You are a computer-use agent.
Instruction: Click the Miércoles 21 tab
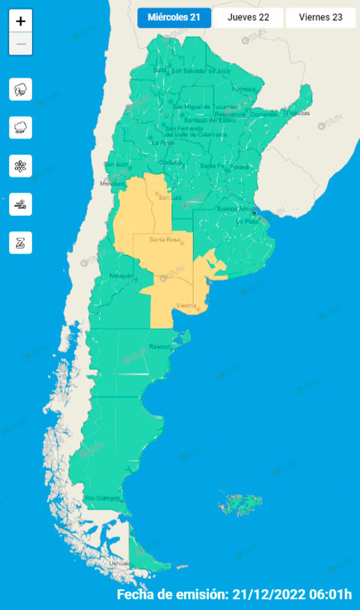pos(174,17)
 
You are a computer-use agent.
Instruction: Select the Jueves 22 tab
pos(248,17)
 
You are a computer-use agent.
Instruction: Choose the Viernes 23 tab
pos(320,17)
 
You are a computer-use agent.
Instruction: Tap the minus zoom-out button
pos(21,44)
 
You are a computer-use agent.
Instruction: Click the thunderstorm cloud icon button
pos(20,89)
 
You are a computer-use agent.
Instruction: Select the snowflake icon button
pos(20,166)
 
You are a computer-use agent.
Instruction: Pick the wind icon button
pos(20,205)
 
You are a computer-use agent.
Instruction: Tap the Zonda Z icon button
pos(20,243)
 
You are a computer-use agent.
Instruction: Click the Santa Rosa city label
pos(165,239)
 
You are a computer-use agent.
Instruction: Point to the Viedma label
pos(186,306)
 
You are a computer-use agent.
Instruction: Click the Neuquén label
pos(121,276)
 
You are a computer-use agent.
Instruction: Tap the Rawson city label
pos(160,347)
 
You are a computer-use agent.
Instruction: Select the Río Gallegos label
pos(102,498)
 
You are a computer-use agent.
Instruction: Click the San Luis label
pos(170,197)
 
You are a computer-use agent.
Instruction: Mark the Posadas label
pos(298,113)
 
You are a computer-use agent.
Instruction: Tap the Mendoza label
pos(112,184)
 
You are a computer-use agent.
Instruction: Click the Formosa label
pos(244,89)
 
